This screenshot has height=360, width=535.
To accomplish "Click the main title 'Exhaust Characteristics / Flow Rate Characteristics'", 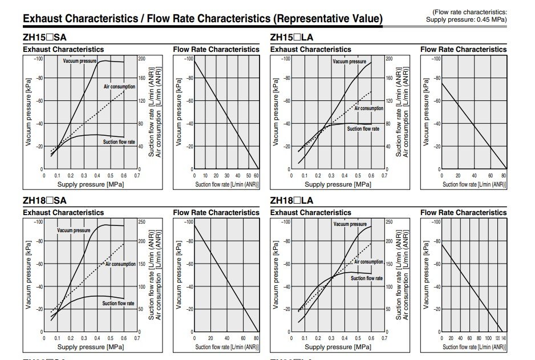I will [x=202, y=19].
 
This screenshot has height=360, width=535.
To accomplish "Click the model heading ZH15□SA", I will [x=44, y=38].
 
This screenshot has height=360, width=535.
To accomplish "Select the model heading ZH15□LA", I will [x=291, y=38].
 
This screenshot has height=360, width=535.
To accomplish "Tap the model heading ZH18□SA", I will [x=44, y=201].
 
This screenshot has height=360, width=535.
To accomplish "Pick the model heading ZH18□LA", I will [x=291, y=201].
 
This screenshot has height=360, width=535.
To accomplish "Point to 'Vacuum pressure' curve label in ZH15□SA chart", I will [x=79, y=61].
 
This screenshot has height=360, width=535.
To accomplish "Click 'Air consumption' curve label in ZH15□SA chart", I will [x=119, y=87].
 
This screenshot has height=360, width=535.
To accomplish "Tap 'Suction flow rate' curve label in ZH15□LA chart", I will [x=363, y=129].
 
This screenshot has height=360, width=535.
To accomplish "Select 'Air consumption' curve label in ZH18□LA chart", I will [x=368, y=262].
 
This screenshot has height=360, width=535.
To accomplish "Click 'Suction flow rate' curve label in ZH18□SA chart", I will [x=118, y=304].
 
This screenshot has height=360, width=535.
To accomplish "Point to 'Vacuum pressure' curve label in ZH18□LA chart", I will [x=350, y=224].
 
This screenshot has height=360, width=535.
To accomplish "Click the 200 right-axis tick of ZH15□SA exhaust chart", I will [x=142, y=58].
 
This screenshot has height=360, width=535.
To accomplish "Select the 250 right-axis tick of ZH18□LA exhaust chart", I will [x=389, y=221].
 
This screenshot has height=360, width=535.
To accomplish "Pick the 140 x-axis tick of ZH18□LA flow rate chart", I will [x=504, y=338].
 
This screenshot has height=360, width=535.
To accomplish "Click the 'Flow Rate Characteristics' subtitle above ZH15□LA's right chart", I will [x=463, y=50].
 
